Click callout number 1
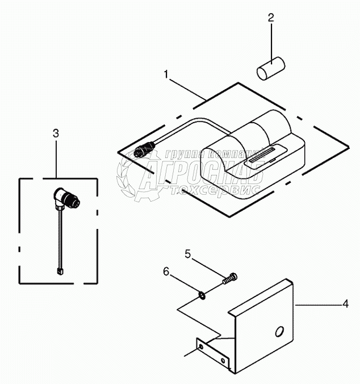[x=166, y=74]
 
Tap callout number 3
[x=56, y=133]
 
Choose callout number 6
[x=166, y=273]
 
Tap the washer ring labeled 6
[x=202, y=294]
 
